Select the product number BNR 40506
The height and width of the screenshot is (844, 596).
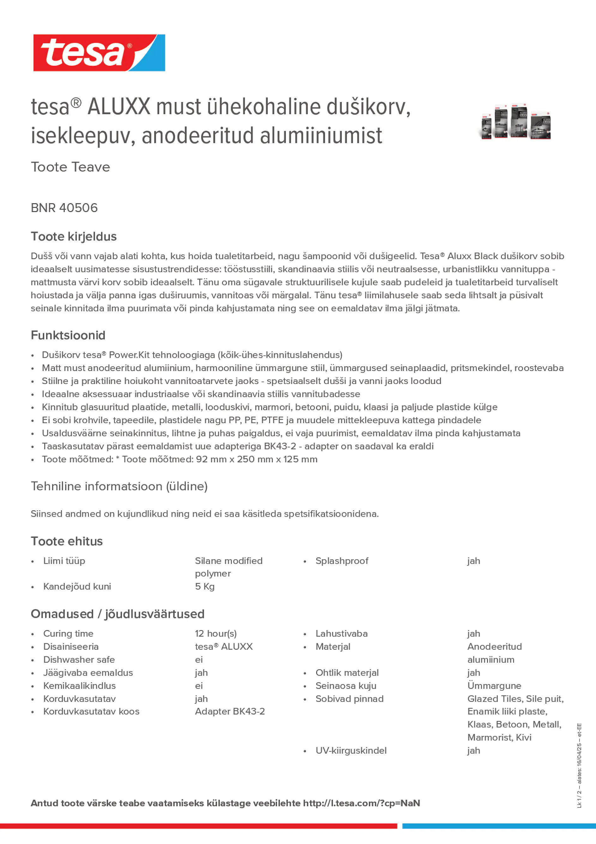pyautogui.click(x=64, y=208)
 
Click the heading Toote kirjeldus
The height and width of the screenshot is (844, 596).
pyautogui.click(x=74, y=236)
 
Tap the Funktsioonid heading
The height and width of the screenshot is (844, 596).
pyautogui.click(x=68, y=335)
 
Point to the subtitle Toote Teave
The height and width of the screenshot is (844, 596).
pyautogui.click(x=70, y=167)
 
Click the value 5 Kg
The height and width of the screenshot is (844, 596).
pyautogui.click(x=205, y=586)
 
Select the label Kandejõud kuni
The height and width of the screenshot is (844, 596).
pyautogui.click(x=77, y=586)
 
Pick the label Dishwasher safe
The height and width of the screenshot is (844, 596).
pyautogui.click(x=79, y=659)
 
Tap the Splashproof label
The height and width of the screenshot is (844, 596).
pyautogui.click(x=342, y=561)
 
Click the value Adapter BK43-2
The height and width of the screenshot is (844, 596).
pyautogui.click(x=230, y=711)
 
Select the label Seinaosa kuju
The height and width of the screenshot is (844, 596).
pyautogui.click(x=346, y=686)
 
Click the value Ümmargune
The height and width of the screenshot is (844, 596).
pyautogui.click(x=494, y=686)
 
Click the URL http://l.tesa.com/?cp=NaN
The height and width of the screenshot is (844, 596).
pyautogui.click(x=361, y=803)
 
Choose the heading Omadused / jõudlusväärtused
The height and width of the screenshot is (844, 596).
pyautogui.click(x=117, y=614)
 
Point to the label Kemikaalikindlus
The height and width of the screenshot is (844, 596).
pyautogui.click(x=79, y=686)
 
